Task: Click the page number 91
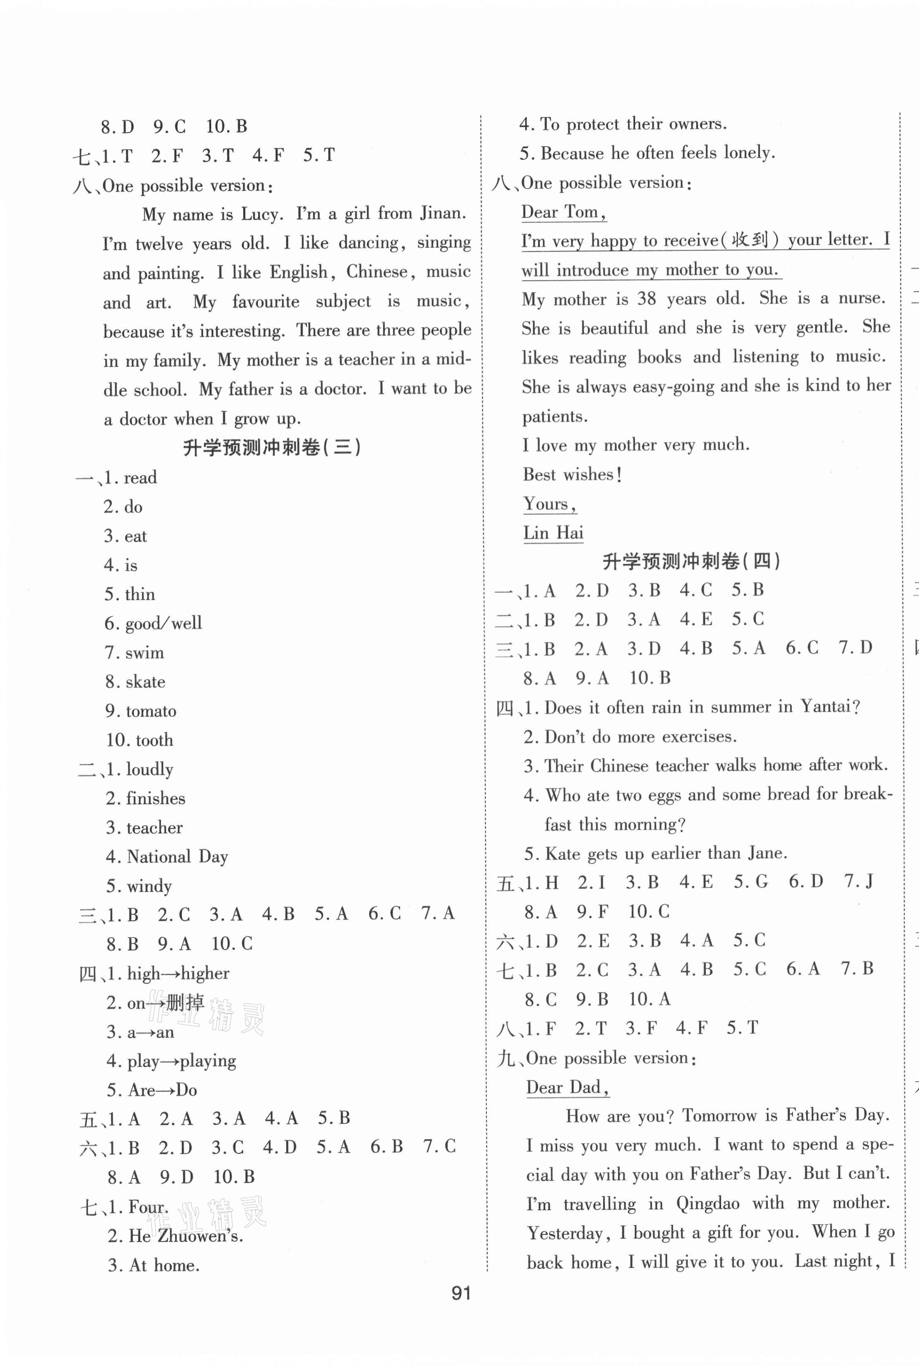461,1293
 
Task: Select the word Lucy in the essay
259,214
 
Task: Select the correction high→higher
178,974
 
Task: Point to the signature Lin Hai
553,532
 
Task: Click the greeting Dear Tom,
563,212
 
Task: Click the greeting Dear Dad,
567,1087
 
